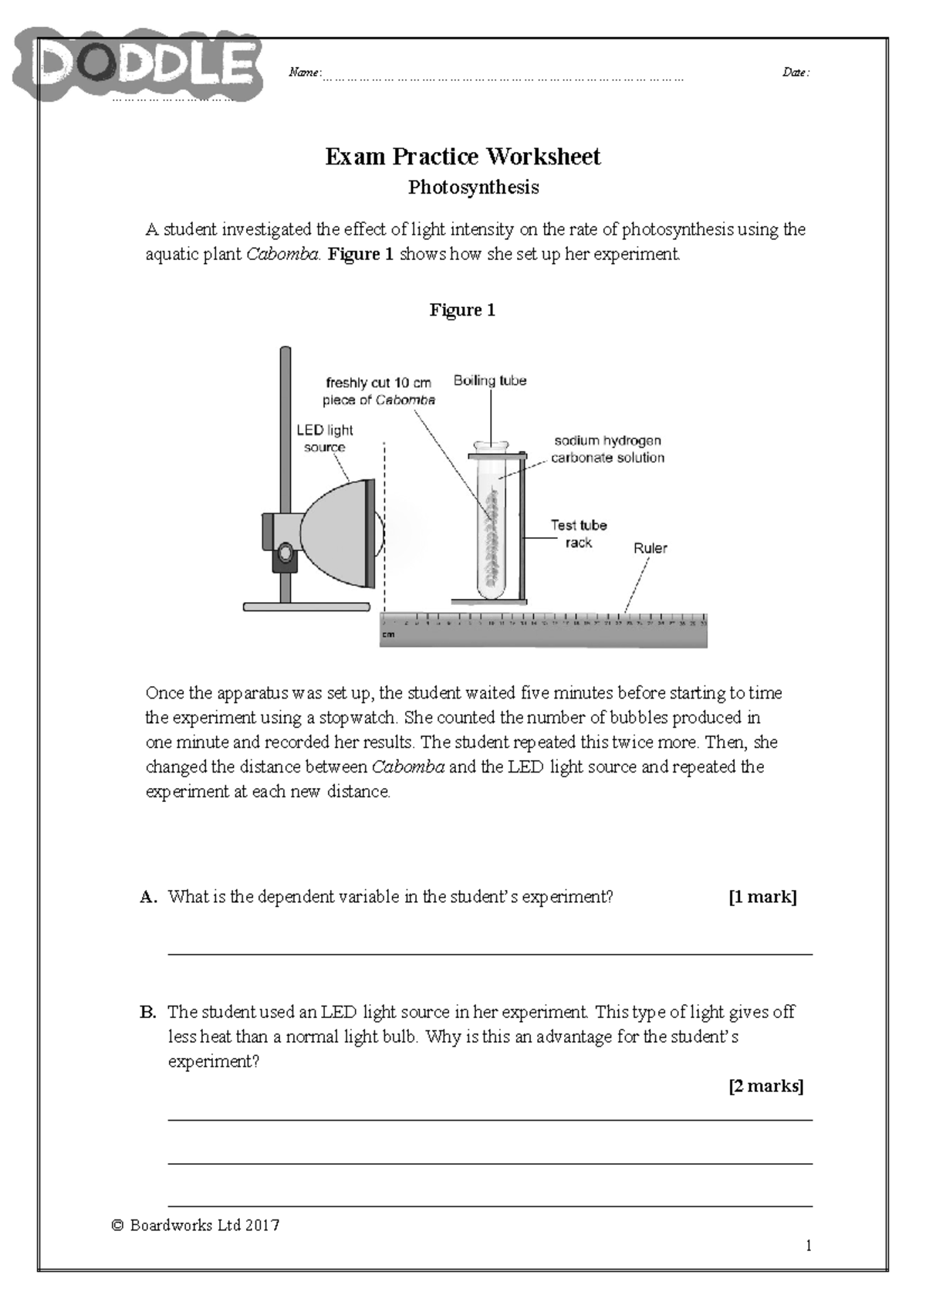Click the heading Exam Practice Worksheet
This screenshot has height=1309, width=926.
coord(462,157)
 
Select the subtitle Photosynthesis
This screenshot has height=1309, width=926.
coord(473,188)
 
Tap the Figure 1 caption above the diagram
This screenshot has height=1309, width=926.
coord(462,310)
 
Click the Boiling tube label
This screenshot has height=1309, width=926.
coord(490,381)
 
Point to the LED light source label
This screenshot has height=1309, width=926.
coord(324,438)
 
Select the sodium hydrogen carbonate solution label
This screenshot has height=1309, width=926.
coord(607,449)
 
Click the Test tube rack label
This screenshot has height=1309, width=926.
coord(578,533)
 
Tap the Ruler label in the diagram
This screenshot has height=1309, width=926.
coord(650,548)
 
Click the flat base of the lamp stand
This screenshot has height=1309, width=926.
coord(306,607)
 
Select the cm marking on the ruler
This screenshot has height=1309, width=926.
coord(388,635)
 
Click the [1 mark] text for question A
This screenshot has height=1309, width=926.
coord(762,897)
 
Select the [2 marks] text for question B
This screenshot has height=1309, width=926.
coord(765,1086)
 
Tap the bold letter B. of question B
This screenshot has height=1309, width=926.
coord(148,1012)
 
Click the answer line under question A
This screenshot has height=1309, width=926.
coord(490,954)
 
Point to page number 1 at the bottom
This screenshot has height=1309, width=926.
coord(808,1245)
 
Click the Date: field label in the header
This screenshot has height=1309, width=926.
coord(796,73)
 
